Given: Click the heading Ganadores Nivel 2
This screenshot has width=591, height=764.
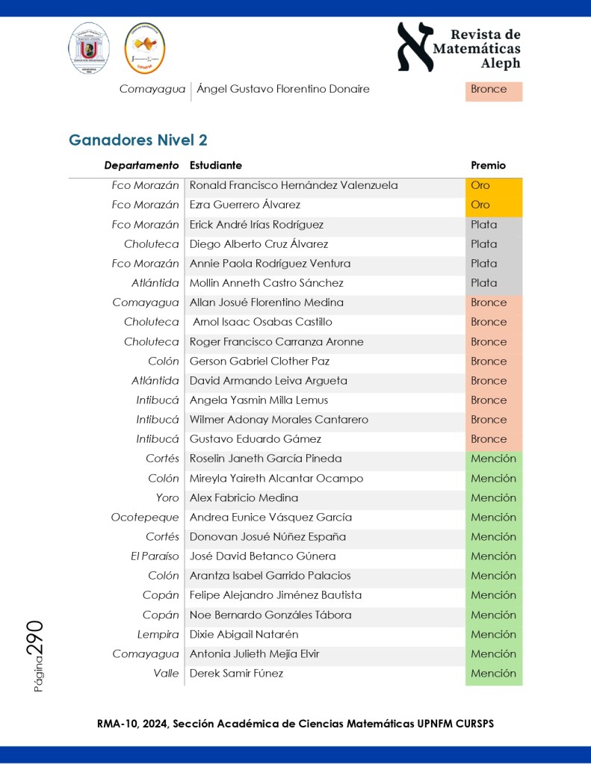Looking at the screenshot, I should point(138,140).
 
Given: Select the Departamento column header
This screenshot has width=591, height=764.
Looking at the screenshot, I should point(141,166).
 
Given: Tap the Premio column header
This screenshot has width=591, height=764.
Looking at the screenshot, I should point(488,166).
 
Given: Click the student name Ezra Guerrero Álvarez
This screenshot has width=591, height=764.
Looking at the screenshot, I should point(245,205).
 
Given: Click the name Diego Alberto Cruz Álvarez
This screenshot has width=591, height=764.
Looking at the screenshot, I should point(259,244).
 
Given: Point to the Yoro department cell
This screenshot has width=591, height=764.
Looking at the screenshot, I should point(167,497).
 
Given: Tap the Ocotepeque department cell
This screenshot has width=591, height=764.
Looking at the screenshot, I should point(145,517).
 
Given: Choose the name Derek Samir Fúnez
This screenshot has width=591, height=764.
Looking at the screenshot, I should point(236,673).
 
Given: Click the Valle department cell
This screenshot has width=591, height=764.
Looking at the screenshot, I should point(166,673).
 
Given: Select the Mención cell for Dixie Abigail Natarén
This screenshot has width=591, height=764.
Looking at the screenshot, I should point(493,634).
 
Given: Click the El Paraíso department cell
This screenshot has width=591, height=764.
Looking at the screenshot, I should point(155,556).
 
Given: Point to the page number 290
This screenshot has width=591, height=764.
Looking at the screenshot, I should point(35,639).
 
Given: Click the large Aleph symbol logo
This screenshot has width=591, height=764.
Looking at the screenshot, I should point(415,46).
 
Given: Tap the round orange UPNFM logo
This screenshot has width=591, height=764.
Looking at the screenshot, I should point(145,48).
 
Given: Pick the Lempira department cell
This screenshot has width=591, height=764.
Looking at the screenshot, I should point(158,634).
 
